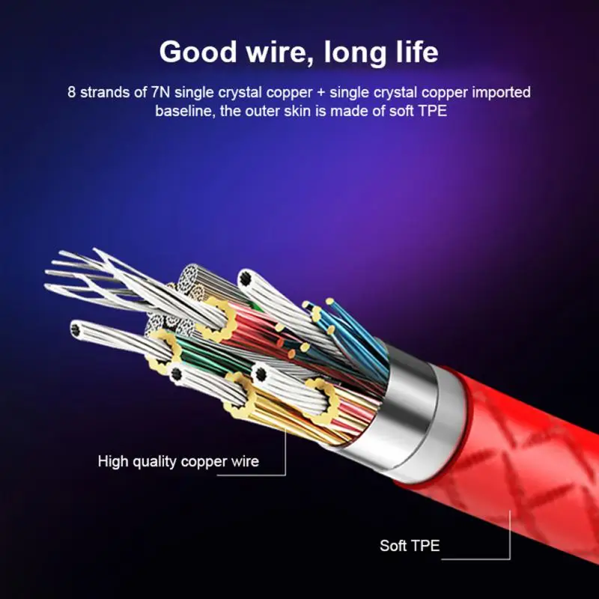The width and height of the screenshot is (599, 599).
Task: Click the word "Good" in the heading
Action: [x=198, y=52]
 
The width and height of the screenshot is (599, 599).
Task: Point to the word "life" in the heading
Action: [x=417, y=51]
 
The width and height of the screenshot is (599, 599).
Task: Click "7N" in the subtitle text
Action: [x=160, y=92]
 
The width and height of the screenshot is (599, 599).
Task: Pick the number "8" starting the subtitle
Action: [x=71, y=92]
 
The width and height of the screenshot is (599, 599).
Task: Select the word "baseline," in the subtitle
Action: [x=185, y=111]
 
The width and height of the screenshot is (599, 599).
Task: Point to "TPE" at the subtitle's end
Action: [x=433, y=111]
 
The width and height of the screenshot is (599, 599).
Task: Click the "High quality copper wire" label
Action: [x=178, y=461]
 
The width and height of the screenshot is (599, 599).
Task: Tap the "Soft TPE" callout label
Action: [x=410, y=546]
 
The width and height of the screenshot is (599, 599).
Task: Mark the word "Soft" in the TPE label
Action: [x=392, y=546]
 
